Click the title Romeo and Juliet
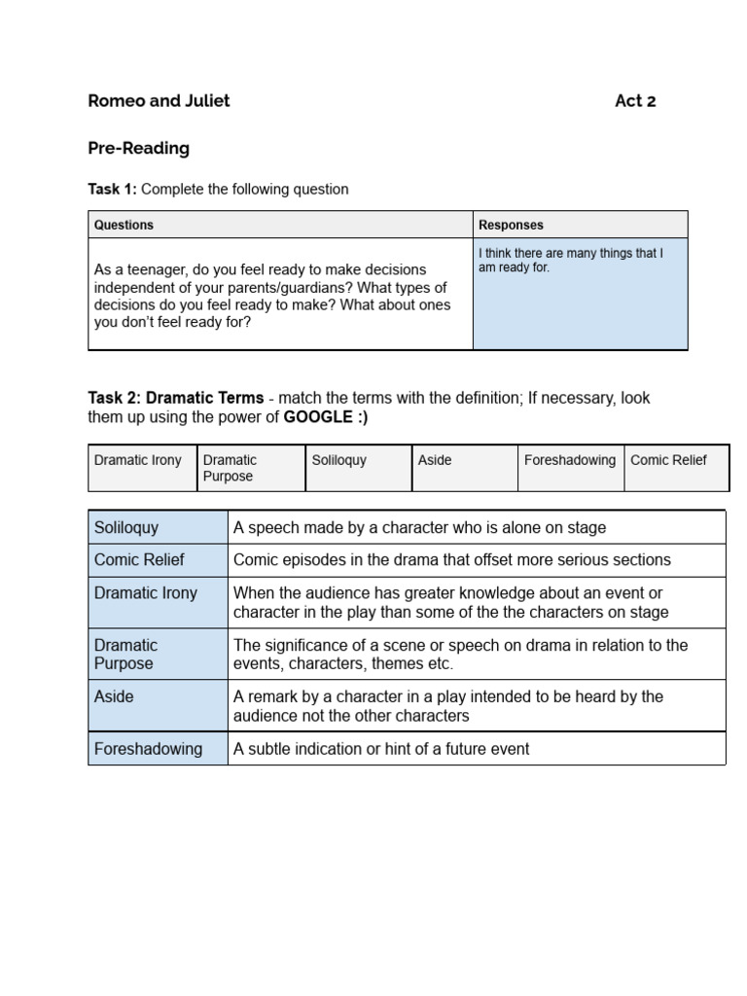pos(159,101)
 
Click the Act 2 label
pos(635,101)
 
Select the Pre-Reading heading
pos(138,149)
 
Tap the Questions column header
pos(124,225)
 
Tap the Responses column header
pos(511,225)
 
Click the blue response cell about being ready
pos(580,293)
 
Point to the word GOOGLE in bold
pos(316,417)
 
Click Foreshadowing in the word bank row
pos(570,460)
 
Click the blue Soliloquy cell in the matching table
pos(158,528)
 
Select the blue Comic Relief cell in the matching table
pos(158,560)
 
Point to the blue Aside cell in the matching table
pos(158,705)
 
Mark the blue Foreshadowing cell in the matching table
pos(158,749)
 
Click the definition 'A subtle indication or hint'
pos(381,749)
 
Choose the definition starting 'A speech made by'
pos(419,528)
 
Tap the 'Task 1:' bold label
pos(113,190)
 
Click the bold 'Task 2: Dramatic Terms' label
pos(175,398)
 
